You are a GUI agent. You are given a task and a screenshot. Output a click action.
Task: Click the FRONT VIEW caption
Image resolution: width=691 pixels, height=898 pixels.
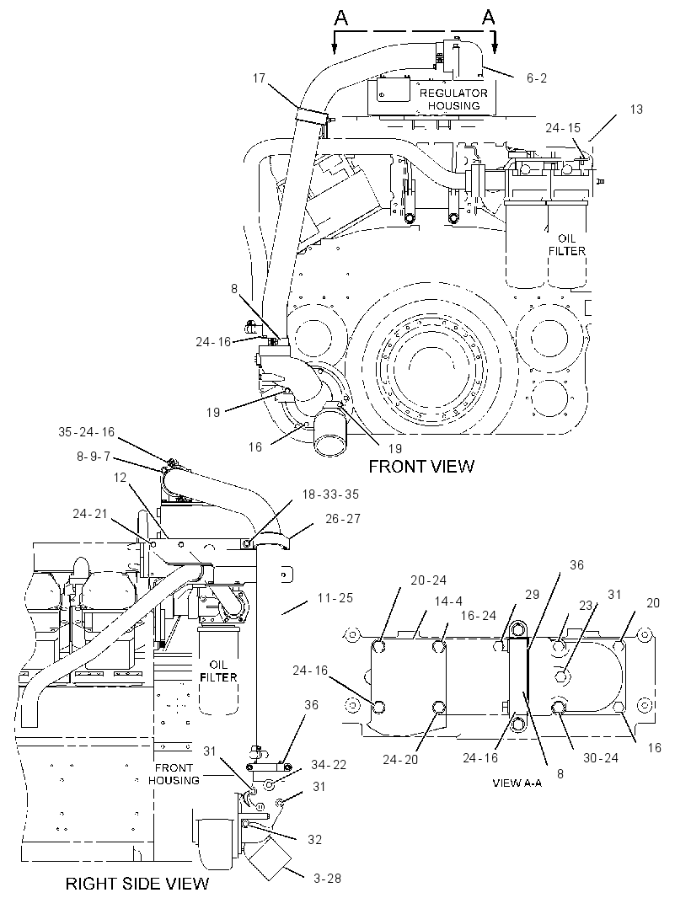tap(421, 466)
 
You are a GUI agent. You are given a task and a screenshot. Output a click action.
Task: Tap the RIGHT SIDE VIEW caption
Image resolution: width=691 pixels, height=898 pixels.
tap(137, 883)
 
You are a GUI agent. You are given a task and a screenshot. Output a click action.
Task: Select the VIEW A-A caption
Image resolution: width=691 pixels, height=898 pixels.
tap(517, 783)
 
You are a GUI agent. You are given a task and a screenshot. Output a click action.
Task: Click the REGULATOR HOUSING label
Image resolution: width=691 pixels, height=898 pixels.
tap(454, 99)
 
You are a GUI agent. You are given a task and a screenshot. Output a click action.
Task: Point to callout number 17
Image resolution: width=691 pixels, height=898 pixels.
tap(259, 78)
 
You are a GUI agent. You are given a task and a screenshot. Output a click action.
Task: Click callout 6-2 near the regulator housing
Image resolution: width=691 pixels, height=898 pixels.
tap(537, 78)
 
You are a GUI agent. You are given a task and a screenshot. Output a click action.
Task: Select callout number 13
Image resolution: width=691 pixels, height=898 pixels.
tap(636, 109)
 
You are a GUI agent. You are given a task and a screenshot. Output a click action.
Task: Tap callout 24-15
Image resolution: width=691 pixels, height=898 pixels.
tap(563, 128)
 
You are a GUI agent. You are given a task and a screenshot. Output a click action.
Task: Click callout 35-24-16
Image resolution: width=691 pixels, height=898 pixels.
tap(87, 432)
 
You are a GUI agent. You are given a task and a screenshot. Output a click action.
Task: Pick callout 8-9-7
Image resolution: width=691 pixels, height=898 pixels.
tap(94, 456)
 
